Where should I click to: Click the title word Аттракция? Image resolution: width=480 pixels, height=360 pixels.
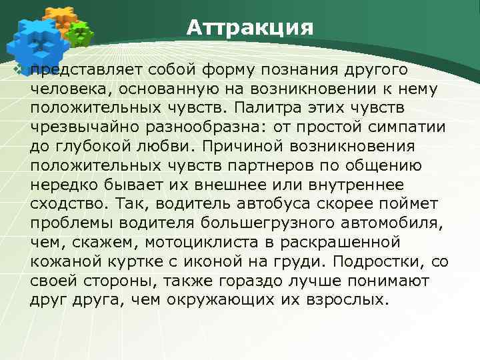tap(249, 29)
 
